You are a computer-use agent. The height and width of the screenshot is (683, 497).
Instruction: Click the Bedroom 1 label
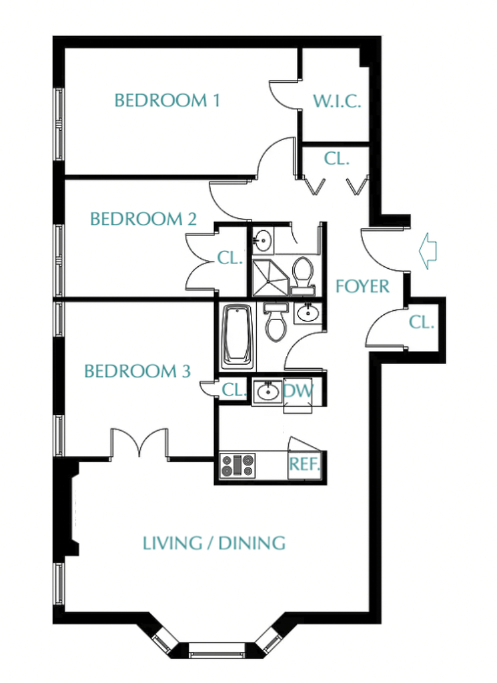coord(167,101)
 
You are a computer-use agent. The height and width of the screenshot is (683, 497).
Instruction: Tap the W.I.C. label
coord(337,101)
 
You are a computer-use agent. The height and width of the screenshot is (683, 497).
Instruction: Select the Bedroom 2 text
coord(143,219)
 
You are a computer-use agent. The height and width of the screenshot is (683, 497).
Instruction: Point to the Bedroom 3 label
coord(137,371)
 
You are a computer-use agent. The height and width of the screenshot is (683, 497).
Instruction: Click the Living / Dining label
coord(214,543)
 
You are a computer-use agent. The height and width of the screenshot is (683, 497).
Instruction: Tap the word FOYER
coord(362,287)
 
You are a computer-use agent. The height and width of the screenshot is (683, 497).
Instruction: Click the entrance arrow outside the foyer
coord(428,251)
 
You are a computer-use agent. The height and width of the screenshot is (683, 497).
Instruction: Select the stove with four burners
coord(237,465)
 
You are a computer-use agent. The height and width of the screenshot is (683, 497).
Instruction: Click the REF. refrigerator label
coord(305,464)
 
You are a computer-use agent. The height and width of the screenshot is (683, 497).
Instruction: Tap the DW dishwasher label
coord(298,390)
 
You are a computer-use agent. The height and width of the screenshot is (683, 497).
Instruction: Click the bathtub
coord(237,336)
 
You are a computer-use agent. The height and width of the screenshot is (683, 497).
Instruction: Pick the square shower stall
coord(270,277)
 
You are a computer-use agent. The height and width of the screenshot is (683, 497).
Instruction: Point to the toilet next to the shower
coord(303,273)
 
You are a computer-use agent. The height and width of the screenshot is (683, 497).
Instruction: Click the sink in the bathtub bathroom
coord(308,312)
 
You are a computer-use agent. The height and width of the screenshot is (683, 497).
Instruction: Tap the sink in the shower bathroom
coord(263,239)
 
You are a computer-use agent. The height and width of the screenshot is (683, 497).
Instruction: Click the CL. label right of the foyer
coord(422,323)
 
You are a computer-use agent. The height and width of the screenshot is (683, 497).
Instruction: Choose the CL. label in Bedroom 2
coord(229,258)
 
